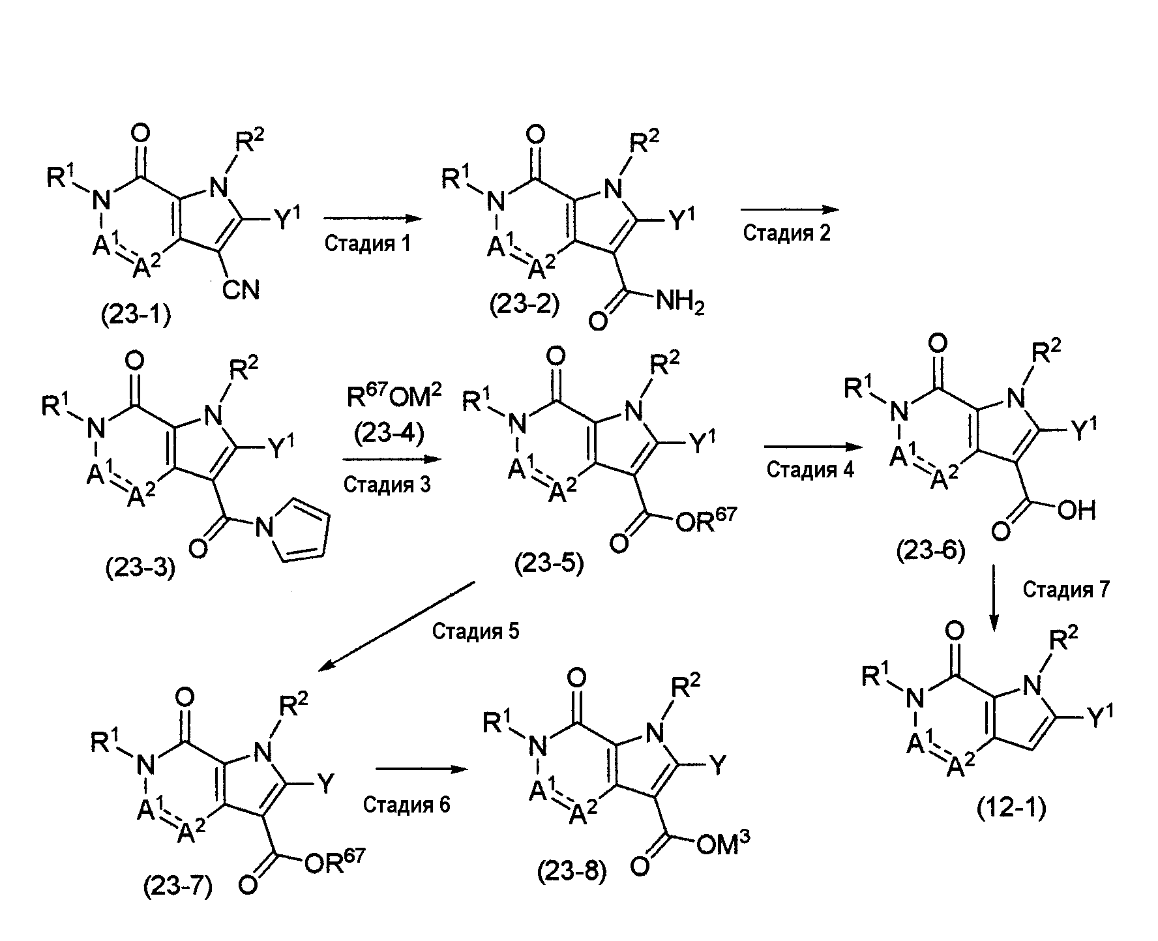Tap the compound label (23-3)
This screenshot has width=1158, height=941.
coord(141,569)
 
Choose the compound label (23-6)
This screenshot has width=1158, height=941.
coord(930,552)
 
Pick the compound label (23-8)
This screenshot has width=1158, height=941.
coord(572,872)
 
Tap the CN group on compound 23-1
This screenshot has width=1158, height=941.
coord(241,290)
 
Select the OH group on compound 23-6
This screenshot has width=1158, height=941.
coord(1076,511)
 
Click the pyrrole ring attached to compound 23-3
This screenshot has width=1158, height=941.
coord(296,530)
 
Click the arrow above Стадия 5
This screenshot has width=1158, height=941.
coord(396,625)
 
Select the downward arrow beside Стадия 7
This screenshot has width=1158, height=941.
coord(993,597)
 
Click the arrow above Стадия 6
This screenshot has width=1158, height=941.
coord(423,769)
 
